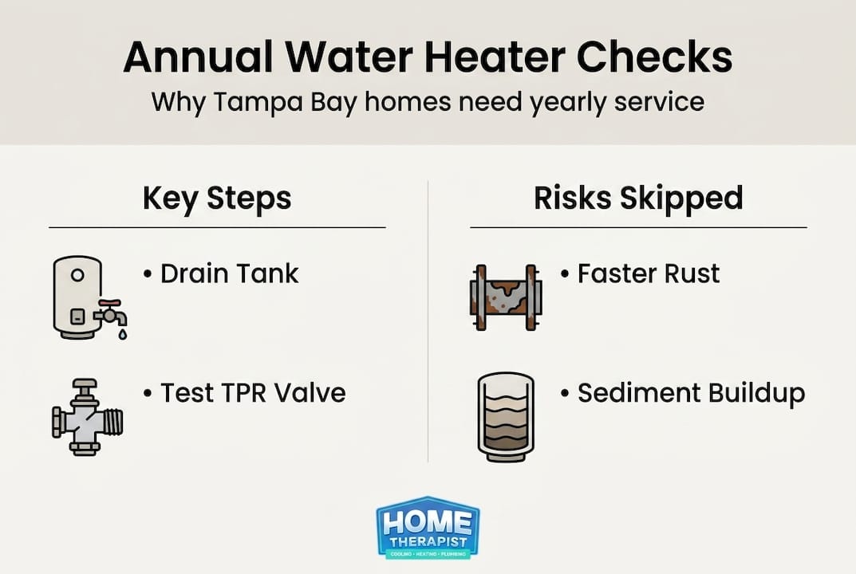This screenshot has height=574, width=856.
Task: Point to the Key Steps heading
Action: pyautogui.click(x=217, y=199)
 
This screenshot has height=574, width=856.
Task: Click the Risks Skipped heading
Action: pyautogui.click(x=638, y=199)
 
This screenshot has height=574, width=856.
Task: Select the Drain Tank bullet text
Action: pyautogui.click(x=230, y=273)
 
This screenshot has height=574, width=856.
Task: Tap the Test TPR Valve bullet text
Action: pyautogui.click(x=253, y=392)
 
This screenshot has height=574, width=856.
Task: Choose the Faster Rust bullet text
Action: pyautogui.click(x=649, y=273)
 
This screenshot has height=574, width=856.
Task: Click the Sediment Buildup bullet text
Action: pyautogui.click(x=691, y=392)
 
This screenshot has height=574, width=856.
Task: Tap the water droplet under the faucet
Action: pyautogui.click(x=121, y=335)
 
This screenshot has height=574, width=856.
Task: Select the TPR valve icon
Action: pyautogui.click(x=87, y=417)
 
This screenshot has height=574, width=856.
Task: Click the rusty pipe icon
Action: pyautogui.click(x=505, y=297)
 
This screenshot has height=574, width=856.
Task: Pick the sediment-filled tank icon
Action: pyautogui.click(x=505, y=416)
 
